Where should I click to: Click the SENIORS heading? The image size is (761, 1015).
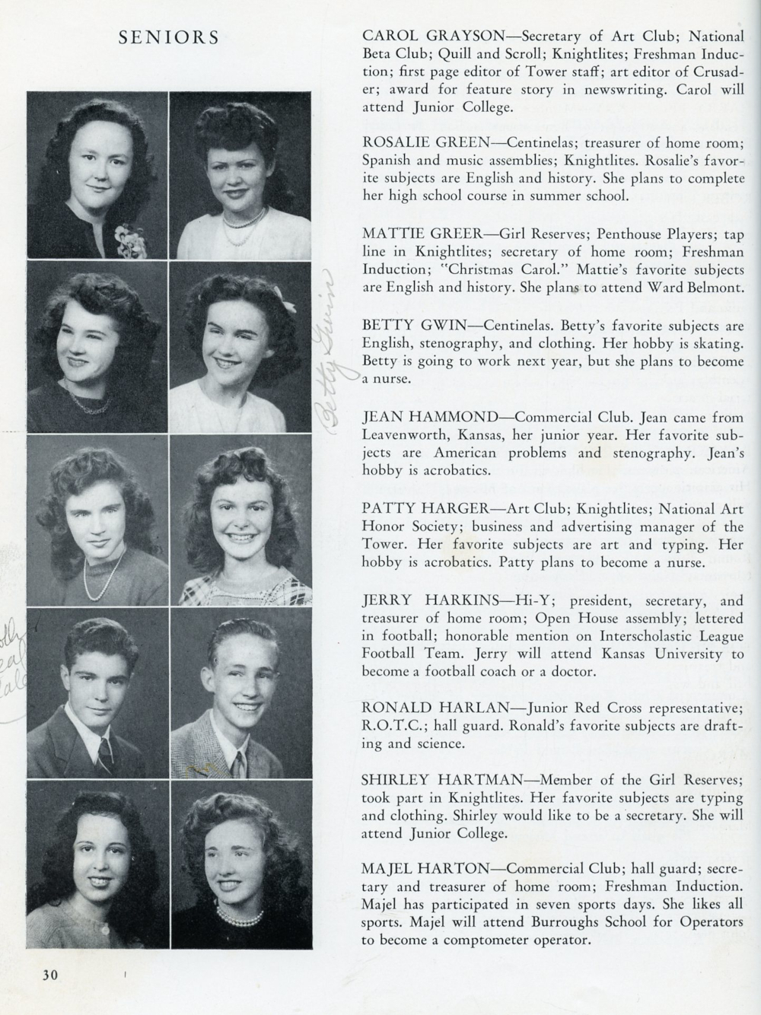[169, 37]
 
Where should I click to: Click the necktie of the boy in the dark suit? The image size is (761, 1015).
[103, 749]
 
